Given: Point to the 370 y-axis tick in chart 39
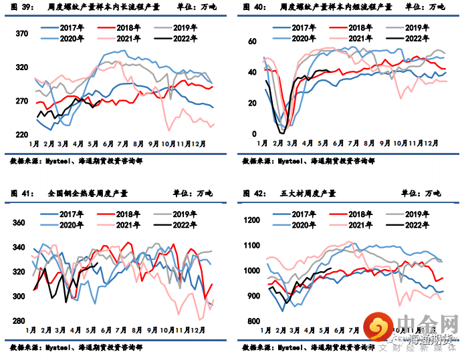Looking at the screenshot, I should (21, 34).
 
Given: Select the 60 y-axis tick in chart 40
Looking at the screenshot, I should (253, 41).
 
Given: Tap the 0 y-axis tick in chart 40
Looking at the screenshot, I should (255, 134).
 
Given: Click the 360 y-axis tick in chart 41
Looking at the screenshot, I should (20, 223).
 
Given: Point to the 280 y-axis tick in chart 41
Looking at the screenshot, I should (20, 321).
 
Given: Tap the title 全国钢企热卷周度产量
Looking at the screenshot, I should (88, 194).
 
